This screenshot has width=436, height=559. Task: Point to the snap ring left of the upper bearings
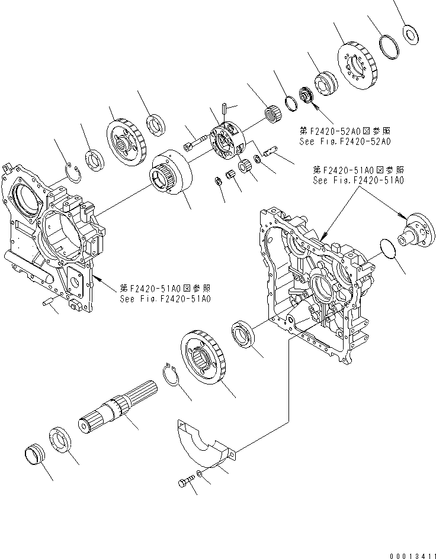coord(72,172)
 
